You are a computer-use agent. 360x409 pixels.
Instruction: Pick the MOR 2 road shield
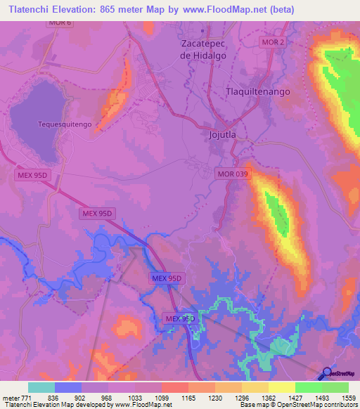point(273,42)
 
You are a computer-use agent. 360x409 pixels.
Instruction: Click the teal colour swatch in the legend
point(41,387)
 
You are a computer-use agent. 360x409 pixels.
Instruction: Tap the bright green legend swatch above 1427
point(308,387)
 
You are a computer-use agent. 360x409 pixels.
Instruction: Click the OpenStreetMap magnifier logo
point(328,372)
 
